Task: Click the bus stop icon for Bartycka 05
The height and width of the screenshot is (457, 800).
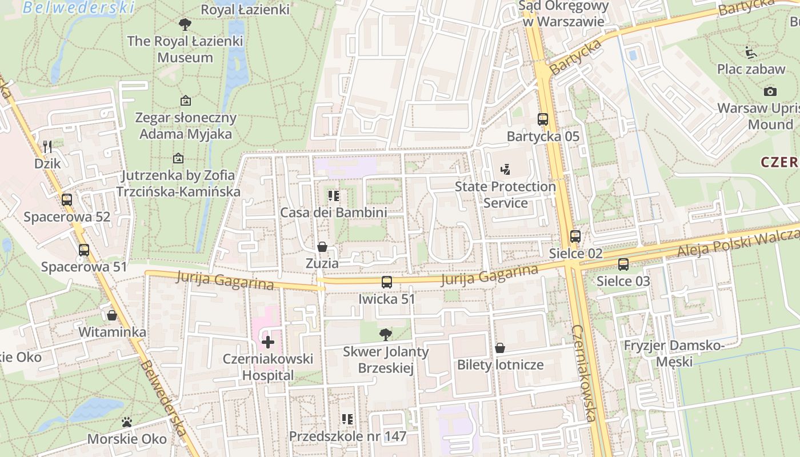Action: tap(543, 119)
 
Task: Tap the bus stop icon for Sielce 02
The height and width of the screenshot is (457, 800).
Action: tap(575, 236)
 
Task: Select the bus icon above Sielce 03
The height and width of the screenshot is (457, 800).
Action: tap(623, 264)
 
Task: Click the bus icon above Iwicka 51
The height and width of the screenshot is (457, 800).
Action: tap(387, 282)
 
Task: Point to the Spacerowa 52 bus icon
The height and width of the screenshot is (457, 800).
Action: tap(67, 200)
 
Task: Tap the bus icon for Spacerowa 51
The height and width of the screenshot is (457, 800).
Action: tap(84, 250)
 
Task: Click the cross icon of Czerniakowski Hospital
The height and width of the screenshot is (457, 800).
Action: tap(267, 342)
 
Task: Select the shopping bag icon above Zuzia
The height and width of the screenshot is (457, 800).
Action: tap(322, 247)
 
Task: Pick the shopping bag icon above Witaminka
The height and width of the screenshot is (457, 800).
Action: tap(112, 315)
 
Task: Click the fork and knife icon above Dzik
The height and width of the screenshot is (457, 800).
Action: tap(47, 147)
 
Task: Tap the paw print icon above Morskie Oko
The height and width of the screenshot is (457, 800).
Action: tap(127, 422)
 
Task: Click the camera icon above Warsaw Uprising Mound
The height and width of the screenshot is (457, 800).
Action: tap(770, 91)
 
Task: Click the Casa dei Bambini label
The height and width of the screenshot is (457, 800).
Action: tap(333, 213)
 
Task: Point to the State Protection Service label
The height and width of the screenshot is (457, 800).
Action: tap(505, 194)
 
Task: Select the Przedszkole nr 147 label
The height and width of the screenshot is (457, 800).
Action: tap(347, 436)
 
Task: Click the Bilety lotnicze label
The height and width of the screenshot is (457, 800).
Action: tap(500, 364)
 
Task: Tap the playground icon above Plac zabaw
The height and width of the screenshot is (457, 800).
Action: tap(751, 53)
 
